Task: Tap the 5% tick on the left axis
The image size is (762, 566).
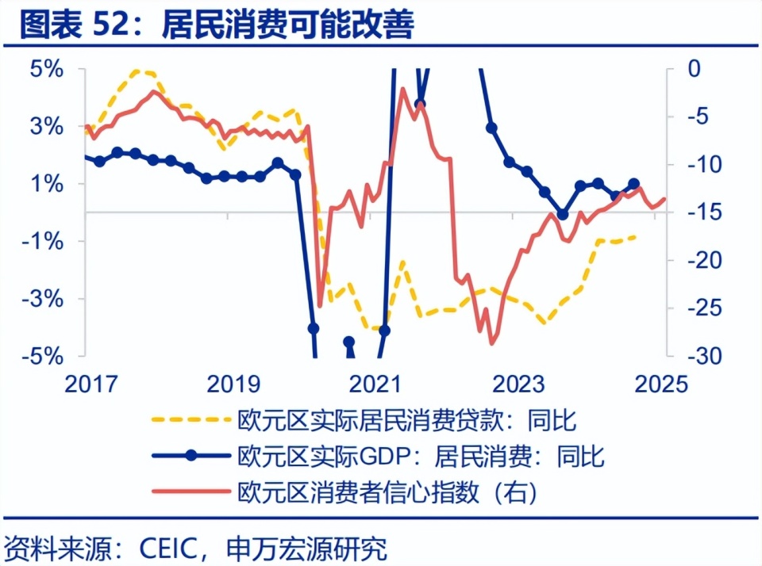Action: click(x=47, y=69)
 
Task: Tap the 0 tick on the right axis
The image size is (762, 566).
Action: click(x=695, y=69)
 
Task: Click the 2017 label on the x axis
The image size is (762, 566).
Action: click(x=93, y=384)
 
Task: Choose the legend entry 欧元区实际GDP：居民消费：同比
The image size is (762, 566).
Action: click(x=421, y=456)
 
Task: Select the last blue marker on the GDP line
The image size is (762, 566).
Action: click(x=633, y=184)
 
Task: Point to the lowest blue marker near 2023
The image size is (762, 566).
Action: click(x=563, y=214)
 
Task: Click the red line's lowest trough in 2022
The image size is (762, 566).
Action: click(x=492, y=343)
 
